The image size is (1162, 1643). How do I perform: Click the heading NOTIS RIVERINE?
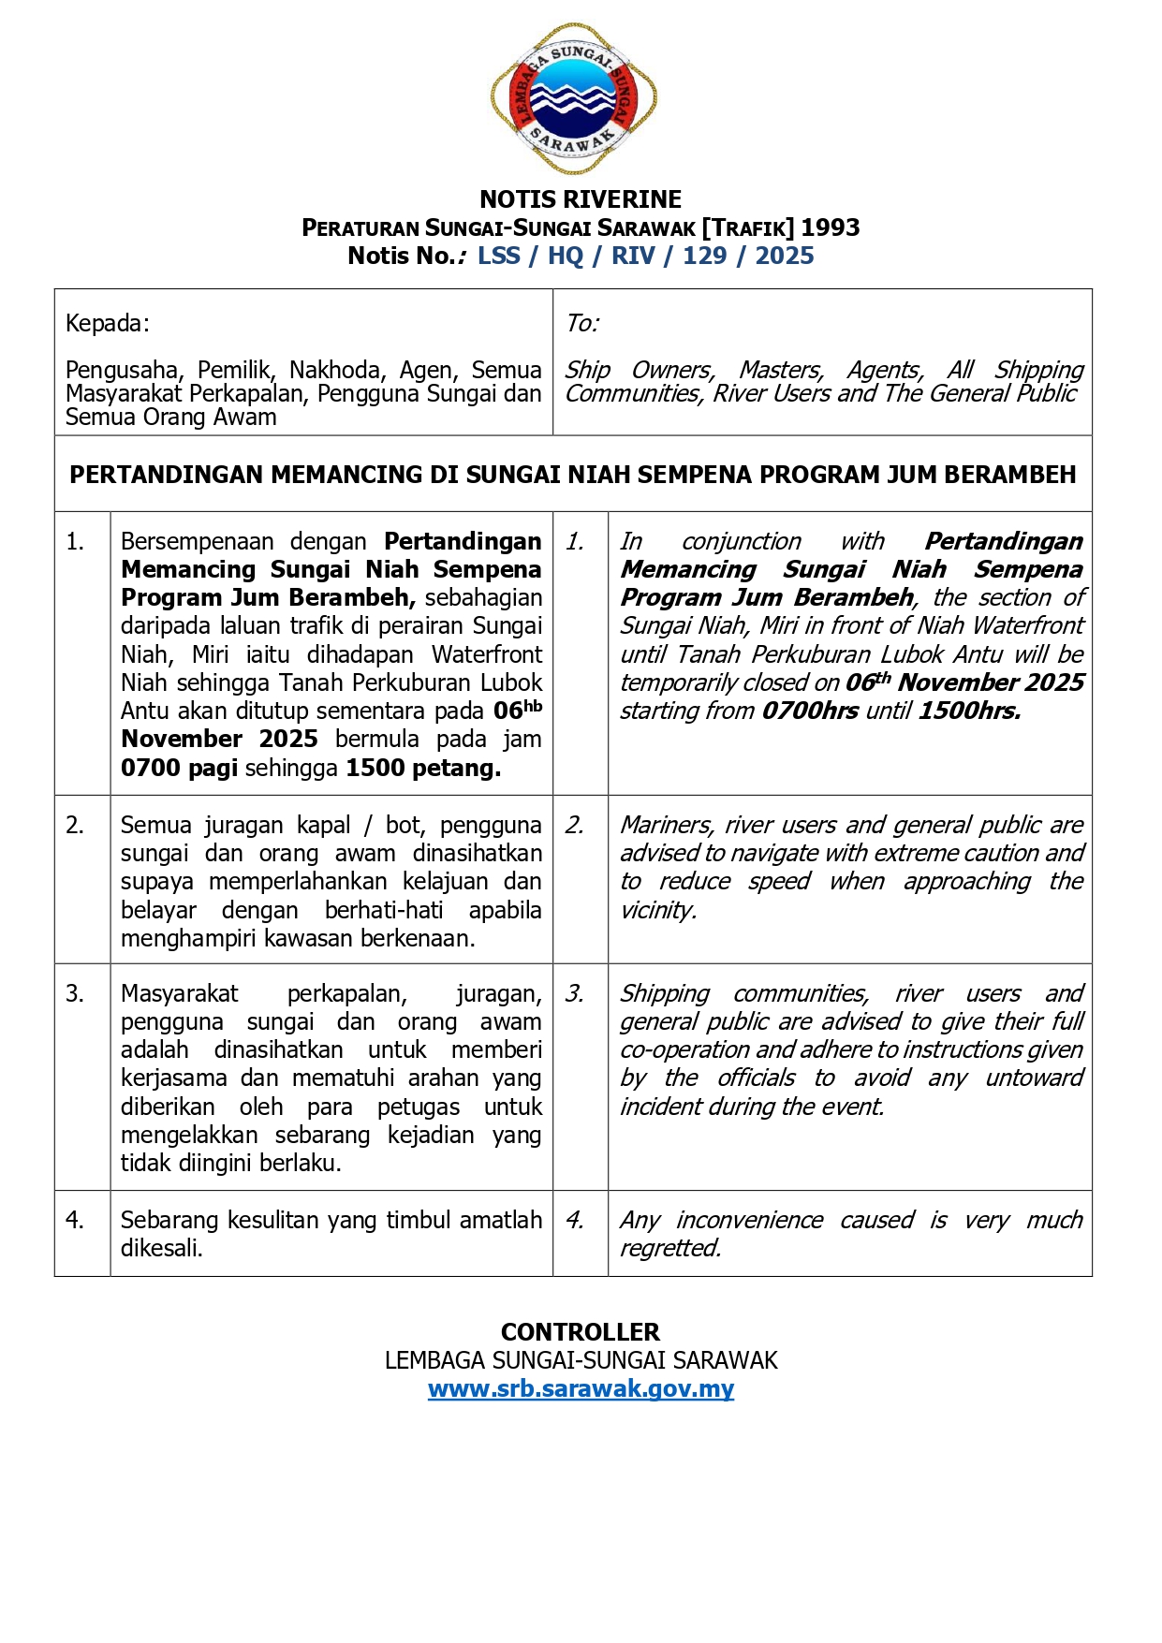[581, 199]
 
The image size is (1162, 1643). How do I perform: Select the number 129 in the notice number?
[704, 256]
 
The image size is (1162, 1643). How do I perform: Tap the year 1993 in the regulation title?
[831, 227]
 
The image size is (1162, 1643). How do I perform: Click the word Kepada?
[107, 324]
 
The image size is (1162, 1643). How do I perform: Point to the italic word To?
[581, 324]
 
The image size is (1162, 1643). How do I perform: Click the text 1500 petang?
[423, 769]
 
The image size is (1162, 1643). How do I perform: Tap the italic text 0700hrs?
[810, 711]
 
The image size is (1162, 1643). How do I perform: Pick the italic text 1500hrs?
[969, 711]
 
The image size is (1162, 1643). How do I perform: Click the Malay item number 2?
[75, 825]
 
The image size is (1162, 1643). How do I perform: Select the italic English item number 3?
[574, 993]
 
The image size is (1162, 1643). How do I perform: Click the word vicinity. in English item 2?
[658, 910]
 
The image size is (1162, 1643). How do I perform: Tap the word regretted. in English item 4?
[670, 1248]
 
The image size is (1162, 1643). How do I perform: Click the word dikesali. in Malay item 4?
[162, 1248]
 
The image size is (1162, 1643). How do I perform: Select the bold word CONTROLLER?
[581, 1332]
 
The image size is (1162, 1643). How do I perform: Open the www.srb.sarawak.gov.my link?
[581, 1388]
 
